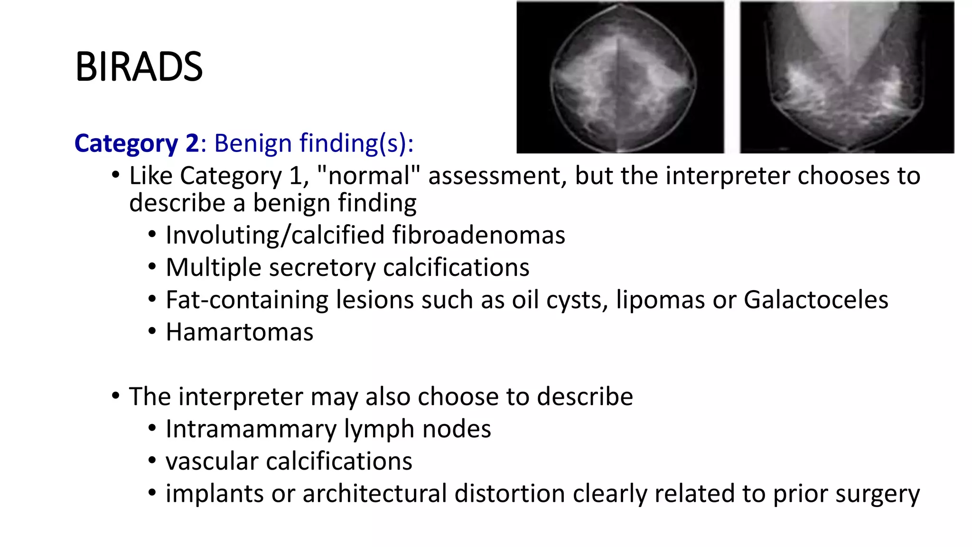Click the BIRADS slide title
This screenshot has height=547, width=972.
[139, 67]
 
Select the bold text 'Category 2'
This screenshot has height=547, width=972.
[137, 143]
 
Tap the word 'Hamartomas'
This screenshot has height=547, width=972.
[240, 332]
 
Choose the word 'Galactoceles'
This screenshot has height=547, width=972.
[816, 300]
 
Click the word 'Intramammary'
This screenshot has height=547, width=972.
[251, 429]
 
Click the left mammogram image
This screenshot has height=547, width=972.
[620, 77]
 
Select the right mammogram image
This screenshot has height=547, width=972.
[847, 77]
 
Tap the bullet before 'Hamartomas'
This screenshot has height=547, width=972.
[152, 331]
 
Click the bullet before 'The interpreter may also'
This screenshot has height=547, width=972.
[116, 396]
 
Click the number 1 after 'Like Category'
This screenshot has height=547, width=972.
[296, 176]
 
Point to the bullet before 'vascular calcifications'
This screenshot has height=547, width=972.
[152, 461]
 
